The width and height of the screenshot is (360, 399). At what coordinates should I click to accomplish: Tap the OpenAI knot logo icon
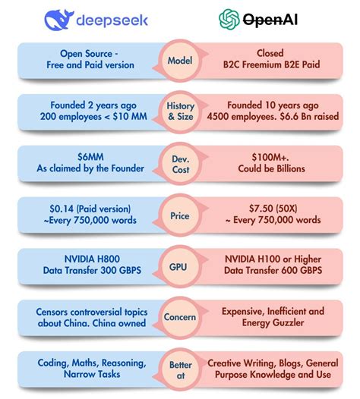click(229, 19)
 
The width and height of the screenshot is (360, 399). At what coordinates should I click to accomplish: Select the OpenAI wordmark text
click(270, 20)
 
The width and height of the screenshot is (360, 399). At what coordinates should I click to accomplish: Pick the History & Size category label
click(180, 112)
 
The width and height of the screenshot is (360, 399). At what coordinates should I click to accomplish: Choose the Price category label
click(180, 215)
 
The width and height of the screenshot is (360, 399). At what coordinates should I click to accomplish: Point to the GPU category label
click(180, 267)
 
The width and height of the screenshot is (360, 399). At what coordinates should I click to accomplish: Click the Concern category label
click(180, 318)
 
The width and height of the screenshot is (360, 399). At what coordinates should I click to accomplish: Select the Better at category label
click(180, 369)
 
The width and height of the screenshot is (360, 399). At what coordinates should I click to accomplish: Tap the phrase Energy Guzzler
click(273, 324)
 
